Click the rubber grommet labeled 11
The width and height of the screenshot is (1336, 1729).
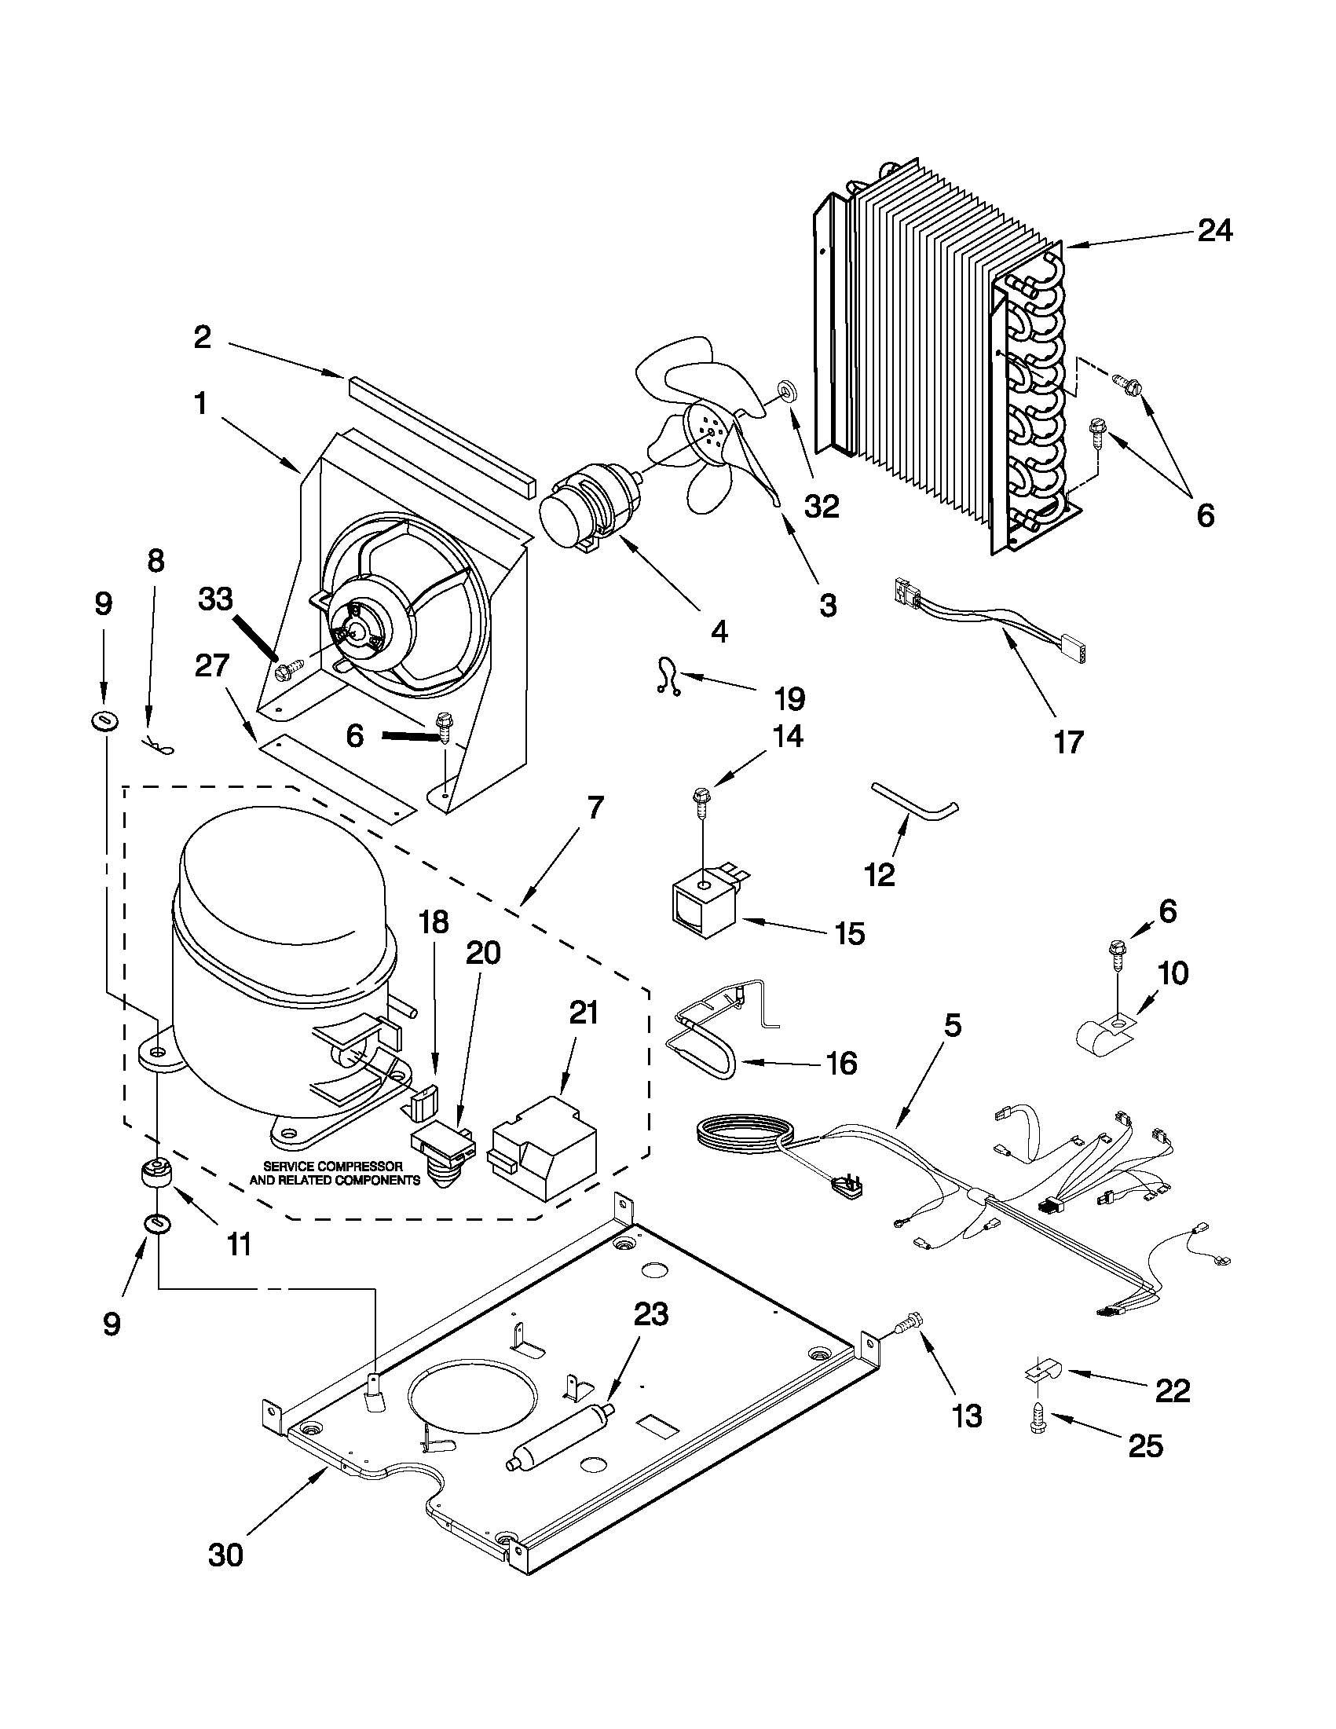tap(158, 1173)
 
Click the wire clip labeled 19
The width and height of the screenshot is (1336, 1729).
tap(666, 679)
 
